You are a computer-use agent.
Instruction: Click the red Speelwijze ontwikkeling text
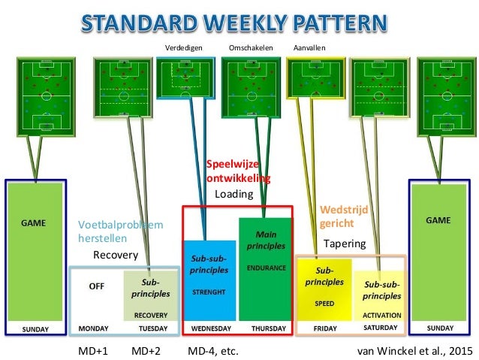pyautogui.click(x=237, y=171)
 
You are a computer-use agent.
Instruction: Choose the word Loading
pyautogui.click(x=234, y=194)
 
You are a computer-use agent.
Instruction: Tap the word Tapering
pyautogui.click(x=344, y=244)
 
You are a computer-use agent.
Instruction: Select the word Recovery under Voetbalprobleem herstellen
pyautogui.click(x=116, y=255)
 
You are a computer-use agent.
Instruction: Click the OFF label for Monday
pyautogui.click(x=97, y=286)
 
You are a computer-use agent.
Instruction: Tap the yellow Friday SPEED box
pyautogui.click(x=324, y=289)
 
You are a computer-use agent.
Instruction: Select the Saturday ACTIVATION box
pyautogui.click(x=381, y=297)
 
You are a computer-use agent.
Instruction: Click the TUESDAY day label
pyautogui.click(x=152, y=328)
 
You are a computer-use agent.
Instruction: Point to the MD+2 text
pyautogui.click(x=147, y=350)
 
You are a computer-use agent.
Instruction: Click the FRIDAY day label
pyautogui.click(x=324, y=328)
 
